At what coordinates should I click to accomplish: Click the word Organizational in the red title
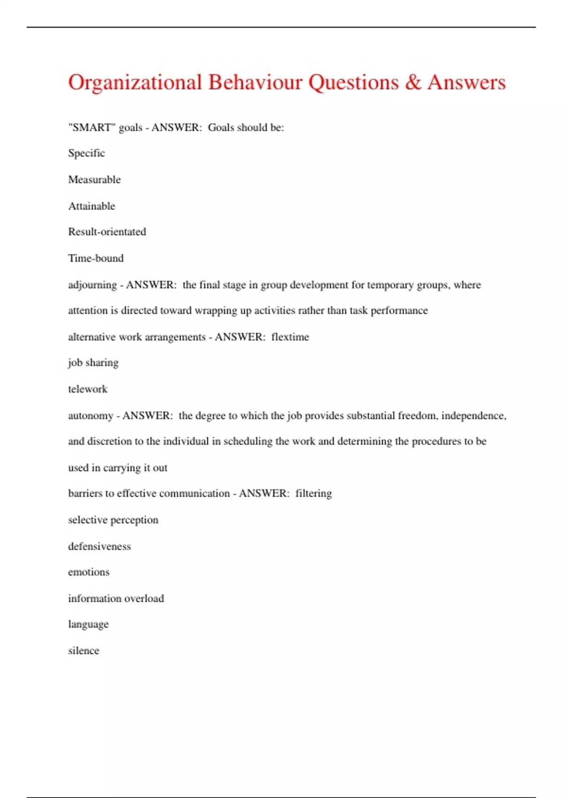pyautogui.click(x=135, y=83)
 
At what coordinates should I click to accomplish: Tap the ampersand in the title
pyautogui.click(x=413, y=82)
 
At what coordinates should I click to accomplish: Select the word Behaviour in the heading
pyautogui.click(x=255, y=82)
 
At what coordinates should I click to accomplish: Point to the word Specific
pyautogui.click(x=86, y=153)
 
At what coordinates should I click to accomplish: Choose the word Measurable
pyautogui.click(x=94, y=179)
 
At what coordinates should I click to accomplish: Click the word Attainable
pyautogui.click(x=91, y=206)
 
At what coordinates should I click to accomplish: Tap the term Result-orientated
pyautogui.click(x=107, y=231)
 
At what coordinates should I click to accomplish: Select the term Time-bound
pyautogui.click(x=96, y=258)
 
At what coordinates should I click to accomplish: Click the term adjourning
pyautogui.click(x=92, y=285)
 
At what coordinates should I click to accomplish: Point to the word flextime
pyautogui.click(x=290, y=337)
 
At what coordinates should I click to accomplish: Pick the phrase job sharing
pyautogui.click(x=93, y=363)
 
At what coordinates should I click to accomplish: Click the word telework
pyautogui.click(x=88, y=389)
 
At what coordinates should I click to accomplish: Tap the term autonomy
pyautogui.click(x=91, y=416)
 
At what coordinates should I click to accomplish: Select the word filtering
pyautogui.click(x=313, y=493)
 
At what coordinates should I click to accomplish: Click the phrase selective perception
pyautogui.click(x=113, y=520)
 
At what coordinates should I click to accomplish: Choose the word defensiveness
pyautogui.click(x=99, y=546)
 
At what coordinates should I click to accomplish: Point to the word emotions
pyautogui.click(x=89, y=572)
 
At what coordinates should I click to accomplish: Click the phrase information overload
pyautogui.click(x=116, y=598)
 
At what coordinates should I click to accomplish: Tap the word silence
pyautogui.click(x=84, y=651)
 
